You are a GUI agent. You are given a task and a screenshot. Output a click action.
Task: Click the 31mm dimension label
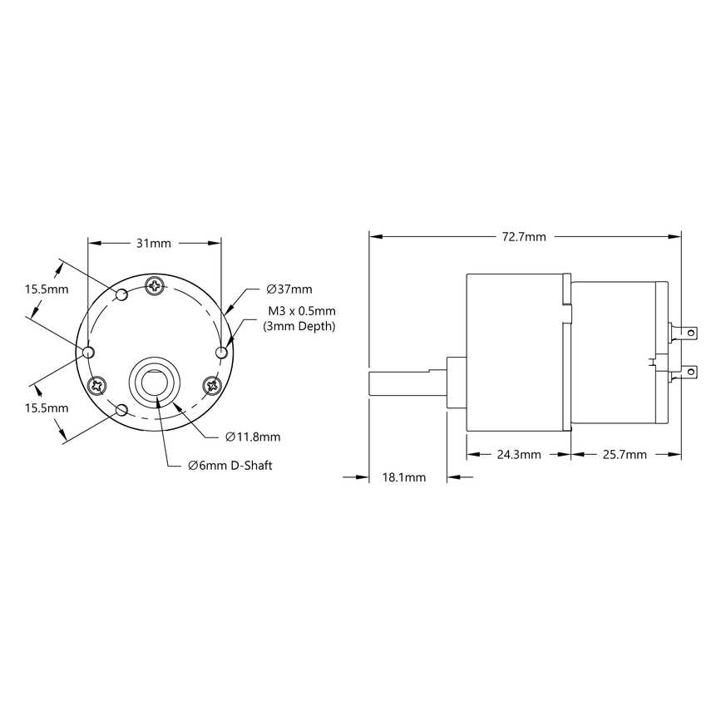coord(154,244)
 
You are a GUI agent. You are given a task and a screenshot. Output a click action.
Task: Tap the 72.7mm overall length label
coord(524,237)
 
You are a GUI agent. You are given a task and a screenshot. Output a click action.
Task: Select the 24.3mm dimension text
coord(519,455)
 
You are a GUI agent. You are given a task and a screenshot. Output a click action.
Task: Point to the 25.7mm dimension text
coord(623,455)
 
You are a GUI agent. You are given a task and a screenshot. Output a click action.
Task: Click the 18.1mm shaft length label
coord(403,477)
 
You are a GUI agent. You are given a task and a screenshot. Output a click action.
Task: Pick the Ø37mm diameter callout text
coord(289,289)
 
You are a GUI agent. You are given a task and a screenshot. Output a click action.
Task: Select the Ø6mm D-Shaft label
coord(230,465)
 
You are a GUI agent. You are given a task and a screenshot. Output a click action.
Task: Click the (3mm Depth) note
coord(299,327)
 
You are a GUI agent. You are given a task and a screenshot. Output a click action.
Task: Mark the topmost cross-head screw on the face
coord(156,286)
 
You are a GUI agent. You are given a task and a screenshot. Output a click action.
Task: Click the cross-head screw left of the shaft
coord(98,385)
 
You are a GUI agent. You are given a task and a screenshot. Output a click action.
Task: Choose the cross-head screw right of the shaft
coord(212,384)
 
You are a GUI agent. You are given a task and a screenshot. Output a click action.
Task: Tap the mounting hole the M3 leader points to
coord(220,353)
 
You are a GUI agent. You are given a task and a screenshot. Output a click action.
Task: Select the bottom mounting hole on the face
coord(122,410)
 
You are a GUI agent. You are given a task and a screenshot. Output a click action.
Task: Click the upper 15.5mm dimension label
coord(46,289)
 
